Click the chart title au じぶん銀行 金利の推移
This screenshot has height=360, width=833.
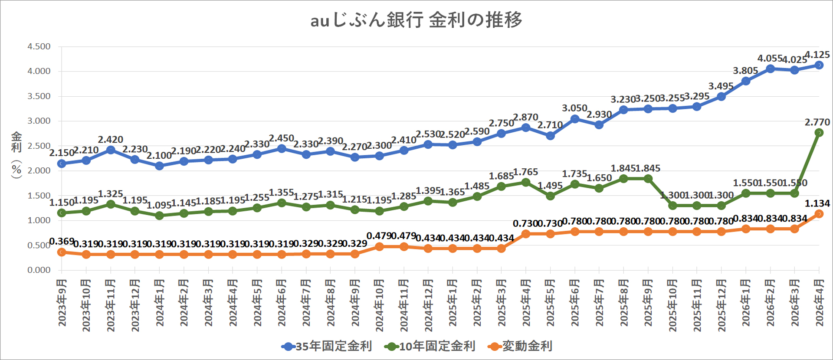tap(416, 20)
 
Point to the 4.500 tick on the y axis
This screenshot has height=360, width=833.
tap(39, 46)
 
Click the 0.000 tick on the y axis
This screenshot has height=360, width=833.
tap(39, 270)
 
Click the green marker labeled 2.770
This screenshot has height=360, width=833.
tap(819, 133)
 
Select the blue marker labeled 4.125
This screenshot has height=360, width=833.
tap(819, 65)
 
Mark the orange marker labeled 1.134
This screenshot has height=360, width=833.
tap(819, 214)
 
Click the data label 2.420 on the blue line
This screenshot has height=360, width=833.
tap(110, 140)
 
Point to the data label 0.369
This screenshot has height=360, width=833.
tap(62, 242)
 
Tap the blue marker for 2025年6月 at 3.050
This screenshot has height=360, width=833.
tap(575, 119)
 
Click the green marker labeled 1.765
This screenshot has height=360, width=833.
tap(526, 183)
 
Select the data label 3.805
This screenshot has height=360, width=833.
tap(745, 71)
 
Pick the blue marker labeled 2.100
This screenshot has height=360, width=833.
tap(159, 166)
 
